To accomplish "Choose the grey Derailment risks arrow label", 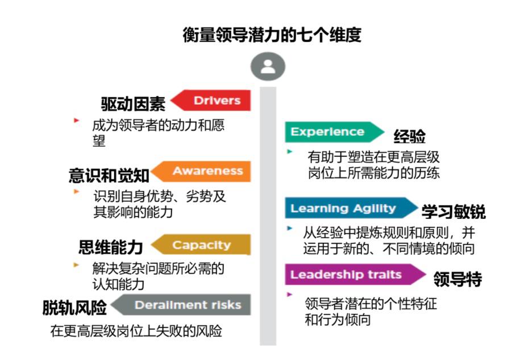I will pos(182,305).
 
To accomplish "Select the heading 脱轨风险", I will pos(74,308).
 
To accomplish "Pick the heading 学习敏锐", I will pos(454,212).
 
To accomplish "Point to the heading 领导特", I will pos(458,279).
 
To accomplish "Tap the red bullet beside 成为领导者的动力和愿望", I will pos(76,120).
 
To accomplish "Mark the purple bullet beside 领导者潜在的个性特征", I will pos(290,294).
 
